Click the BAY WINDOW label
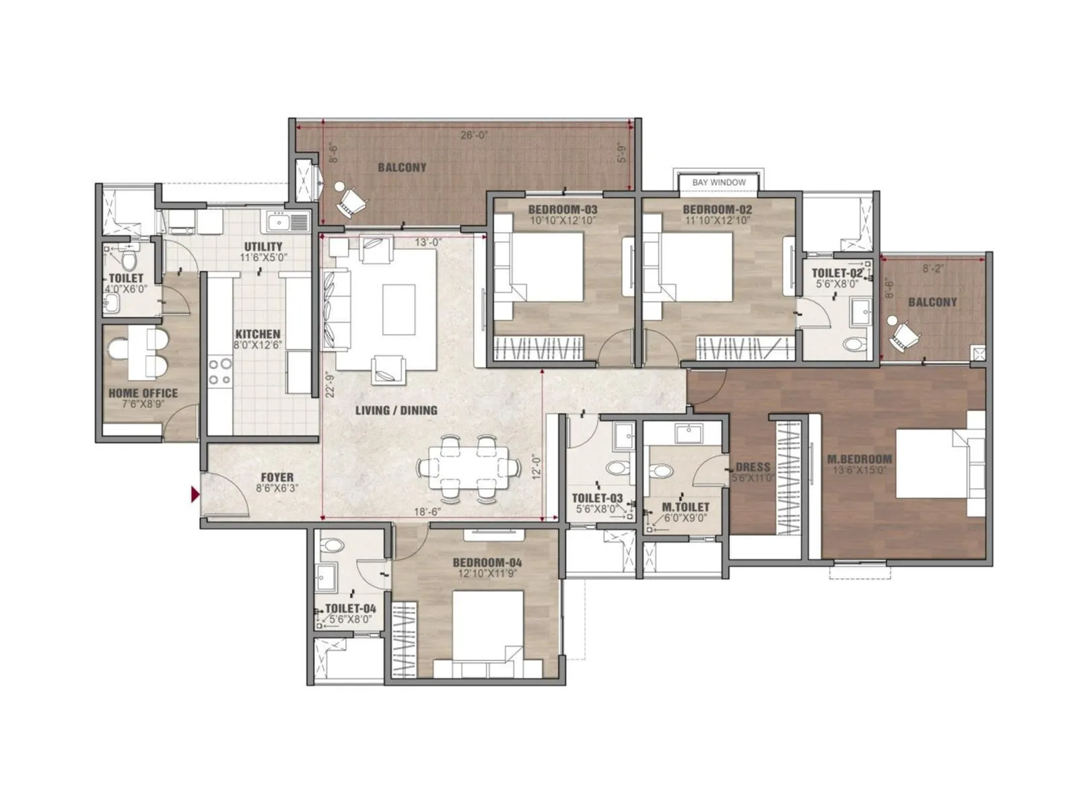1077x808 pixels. [x=719, y=182]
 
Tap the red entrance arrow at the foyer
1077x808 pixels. [x=195, y=496]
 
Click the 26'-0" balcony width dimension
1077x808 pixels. [x=475, y=135]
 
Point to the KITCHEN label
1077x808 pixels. [x=257, y=334]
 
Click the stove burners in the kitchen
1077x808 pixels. [x=220, y=372]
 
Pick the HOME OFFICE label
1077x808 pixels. [x=143, y=393]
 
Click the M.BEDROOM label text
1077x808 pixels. [x=859, y=459]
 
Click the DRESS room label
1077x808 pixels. [x=753, y=467]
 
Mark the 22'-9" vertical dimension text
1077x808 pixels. [x=329, y=385]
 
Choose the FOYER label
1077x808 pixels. [x=277, y=477]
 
